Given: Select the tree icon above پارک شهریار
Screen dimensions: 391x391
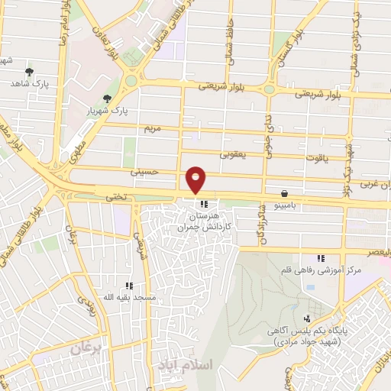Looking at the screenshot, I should tap(107, 99).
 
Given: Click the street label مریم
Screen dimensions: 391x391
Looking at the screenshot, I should tap(153, 128).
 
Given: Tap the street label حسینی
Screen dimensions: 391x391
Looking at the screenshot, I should tap(146, 173).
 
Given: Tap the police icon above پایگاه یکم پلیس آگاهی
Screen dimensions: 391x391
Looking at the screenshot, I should tap(307, 318).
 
